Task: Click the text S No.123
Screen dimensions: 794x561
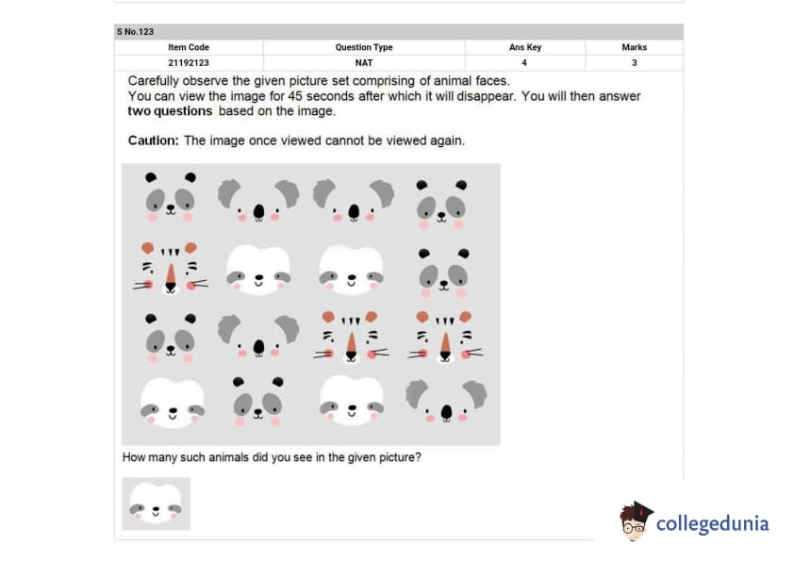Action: (135, 32)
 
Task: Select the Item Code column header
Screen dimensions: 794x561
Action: (189, 47)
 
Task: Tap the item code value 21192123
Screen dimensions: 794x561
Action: (189, 63)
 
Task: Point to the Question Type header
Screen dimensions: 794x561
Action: (364, 47)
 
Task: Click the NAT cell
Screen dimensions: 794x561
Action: (364, 63)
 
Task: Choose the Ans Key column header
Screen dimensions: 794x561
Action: (525, 47)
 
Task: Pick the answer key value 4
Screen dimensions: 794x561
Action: (524, 63)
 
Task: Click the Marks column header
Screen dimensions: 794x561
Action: (634, 47)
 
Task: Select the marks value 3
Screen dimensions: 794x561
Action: (634, 63)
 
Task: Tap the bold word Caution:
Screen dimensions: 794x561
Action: (153, 140)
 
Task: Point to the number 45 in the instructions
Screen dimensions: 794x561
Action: (295, 96)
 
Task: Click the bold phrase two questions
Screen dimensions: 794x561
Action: (170, 111)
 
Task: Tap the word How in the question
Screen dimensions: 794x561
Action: (133, 457)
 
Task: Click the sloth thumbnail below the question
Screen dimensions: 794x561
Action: (156, 503)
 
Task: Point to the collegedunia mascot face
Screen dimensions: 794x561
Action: (636, 521)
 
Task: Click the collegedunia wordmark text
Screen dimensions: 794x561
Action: (713, 523)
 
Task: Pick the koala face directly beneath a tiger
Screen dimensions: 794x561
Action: (446, 401)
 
